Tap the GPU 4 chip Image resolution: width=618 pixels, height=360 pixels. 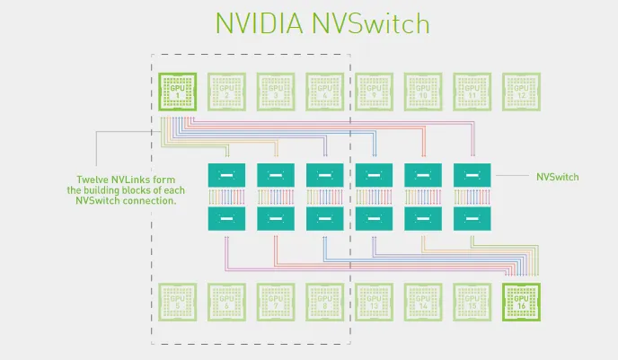tap(323, 91)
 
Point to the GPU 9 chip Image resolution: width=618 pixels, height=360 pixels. tap(373, 91)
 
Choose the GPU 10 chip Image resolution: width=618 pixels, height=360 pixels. tap(422, 91)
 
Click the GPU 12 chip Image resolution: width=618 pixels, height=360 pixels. tap(520, 91)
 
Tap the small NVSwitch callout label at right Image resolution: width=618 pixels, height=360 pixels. tap(557, 177)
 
